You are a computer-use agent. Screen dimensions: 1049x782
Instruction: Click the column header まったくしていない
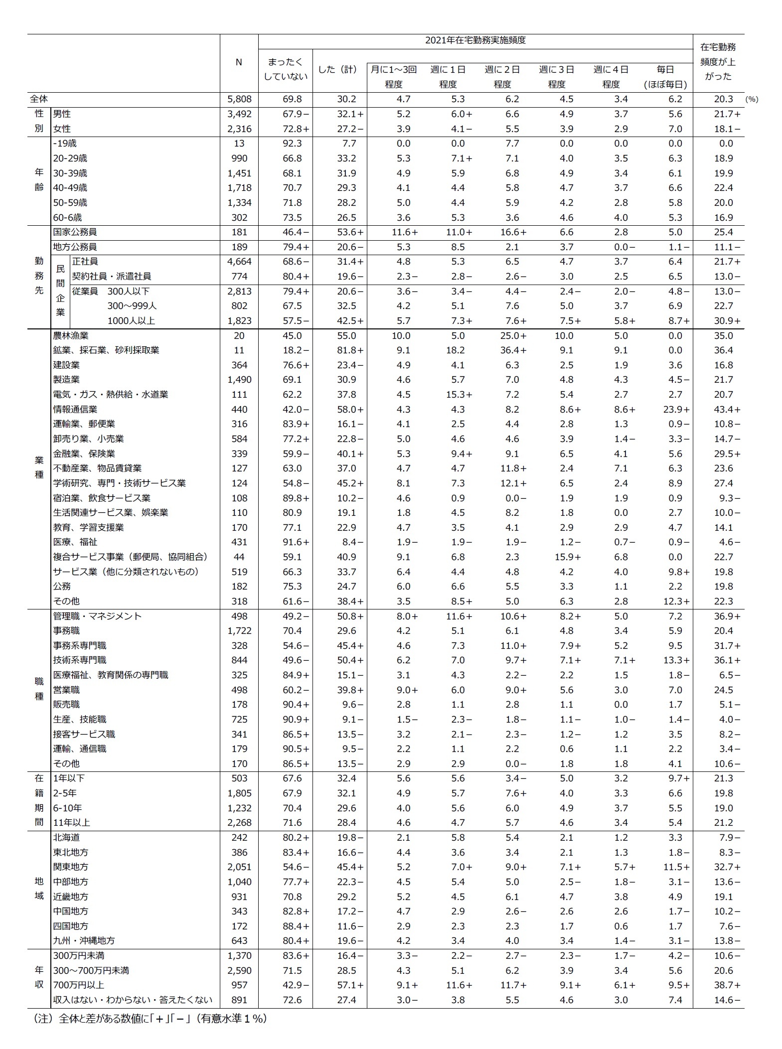(285, 69)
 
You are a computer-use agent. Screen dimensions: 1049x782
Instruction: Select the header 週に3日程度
(556, 77)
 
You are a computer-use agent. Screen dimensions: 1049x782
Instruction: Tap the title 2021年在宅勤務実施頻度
(475, 40)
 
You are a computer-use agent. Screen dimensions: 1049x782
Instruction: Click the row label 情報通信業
(75, 409)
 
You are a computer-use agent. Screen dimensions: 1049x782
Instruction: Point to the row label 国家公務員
(75, 232)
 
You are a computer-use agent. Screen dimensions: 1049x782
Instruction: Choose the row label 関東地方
(71, 867)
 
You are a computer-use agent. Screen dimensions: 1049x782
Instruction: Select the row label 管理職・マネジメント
(98, 616)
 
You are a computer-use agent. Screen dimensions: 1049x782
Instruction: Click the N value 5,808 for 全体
(239, 99)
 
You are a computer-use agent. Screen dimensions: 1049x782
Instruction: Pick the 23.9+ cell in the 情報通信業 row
(676, 409)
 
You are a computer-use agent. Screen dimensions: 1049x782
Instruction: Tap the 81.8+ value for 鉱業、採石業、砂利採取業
(350, 350)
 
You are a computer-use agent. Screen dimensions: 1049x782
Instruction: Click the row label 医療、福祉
(75, 542)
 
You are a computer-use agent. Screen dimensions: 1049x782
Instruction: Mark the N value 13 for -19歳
(239, 144)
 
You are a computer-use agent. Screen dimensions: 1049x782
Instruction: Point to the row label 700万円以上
(79, 985)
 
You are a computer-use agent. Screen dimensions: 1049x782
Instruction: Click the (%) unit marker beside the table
(752, 100)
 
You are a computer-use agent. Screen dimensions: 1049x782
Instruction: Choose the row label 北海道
(66, 838)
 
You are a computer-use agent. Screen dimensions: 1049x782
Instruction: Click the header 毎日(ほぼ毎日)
(665, 77)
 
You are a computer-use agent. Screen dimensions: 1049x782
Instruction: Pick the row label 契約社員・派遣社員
(112, 276)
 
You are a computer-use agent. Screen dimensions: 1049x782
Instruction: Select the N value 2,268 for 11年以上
(239, 823)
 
